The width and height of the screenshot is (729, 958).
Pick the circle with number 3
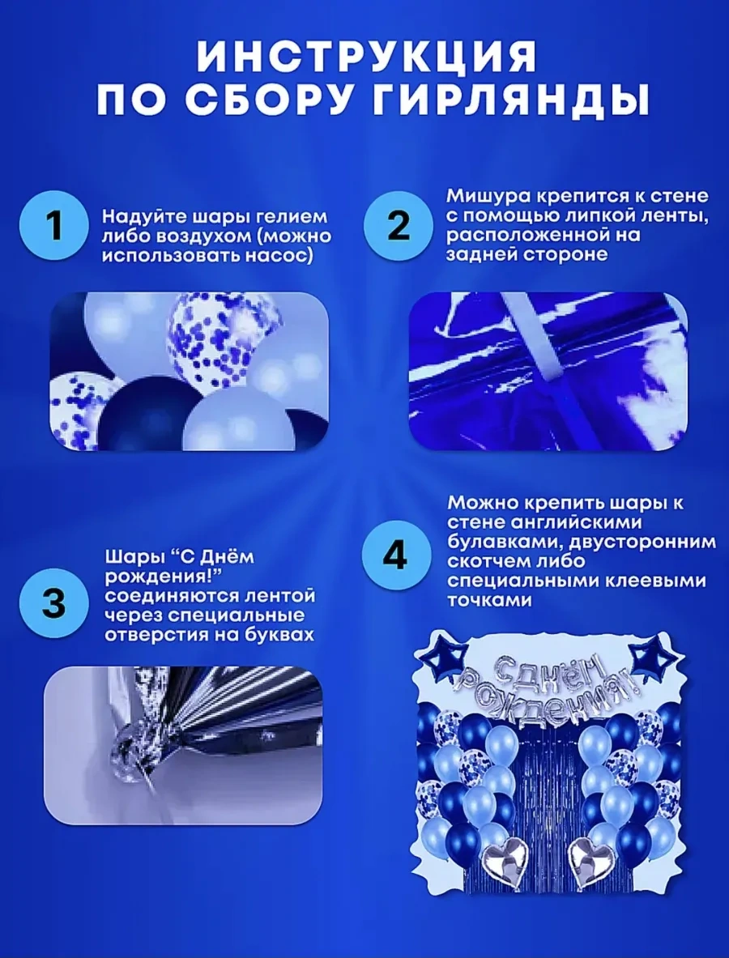[54, 603]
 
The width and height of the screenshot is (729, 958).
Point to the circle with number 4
[397, 556]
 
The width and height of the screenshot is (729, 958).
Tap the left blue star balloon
[440, 657]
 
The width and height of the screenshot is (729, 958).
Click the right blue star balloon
[655, 657]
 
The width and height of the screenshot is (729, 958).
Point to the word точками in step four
[488, 600]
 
